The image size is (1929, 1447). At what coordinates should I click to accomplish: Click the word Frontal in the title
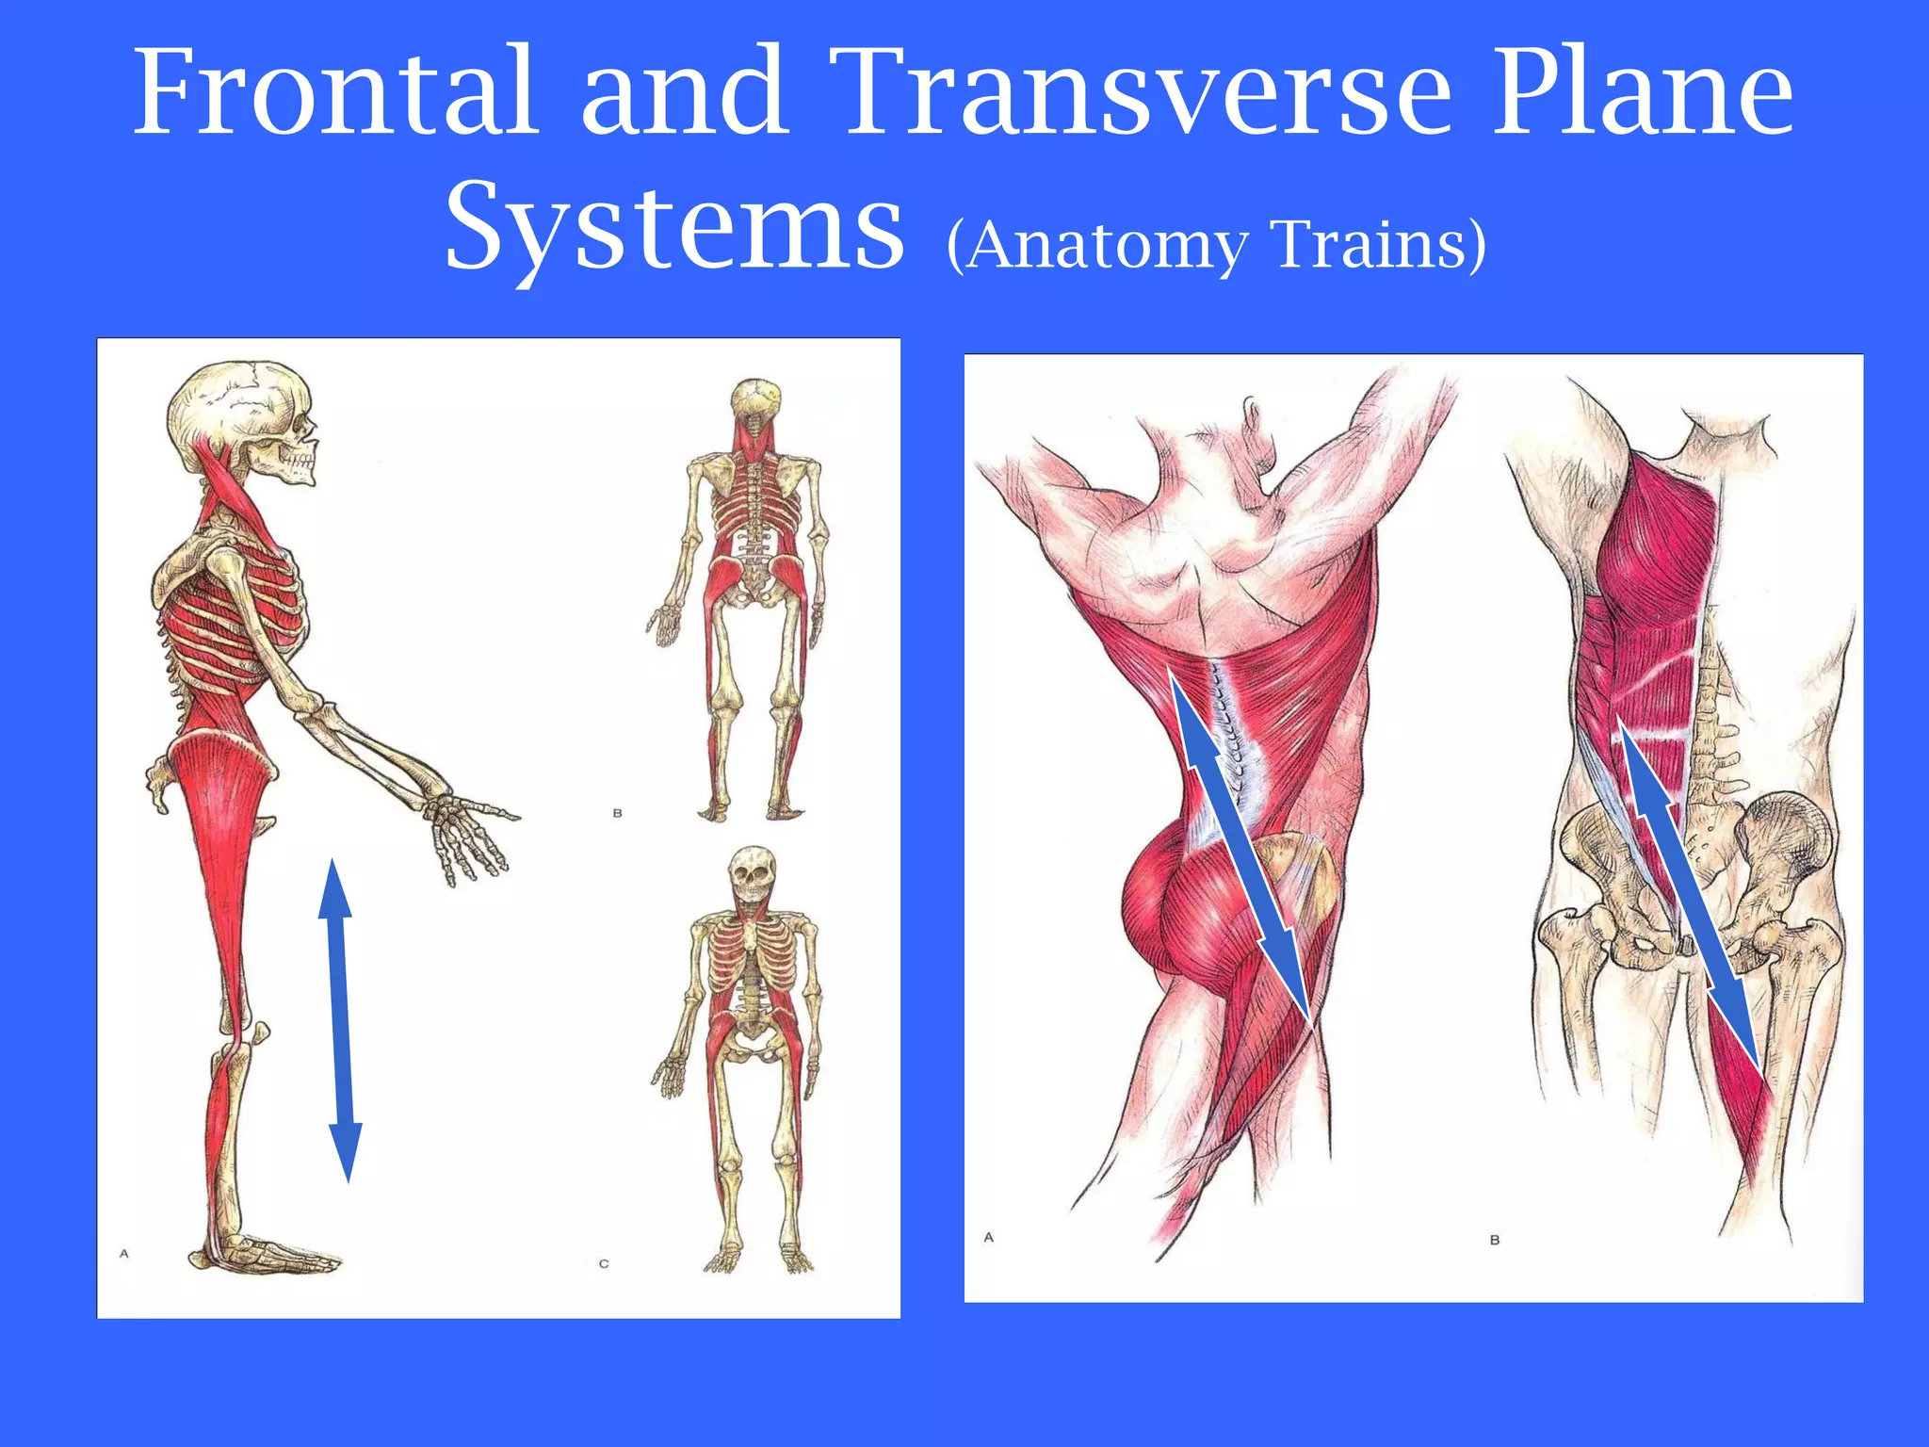[334, 91]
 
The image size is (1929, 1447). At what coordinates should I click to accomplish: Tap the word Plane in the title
[1644, 91]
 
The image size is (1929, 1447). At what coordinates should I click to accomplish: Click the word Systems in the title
[673, 226]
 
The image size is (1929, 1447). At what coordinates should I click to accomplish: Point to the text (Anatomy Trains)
[1215, 245]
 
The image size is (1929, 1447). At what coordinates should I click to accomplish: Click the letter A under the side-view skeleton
[124, 1253]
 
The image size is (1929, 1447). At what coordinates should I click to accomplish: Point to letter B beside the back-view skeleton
[618, 813]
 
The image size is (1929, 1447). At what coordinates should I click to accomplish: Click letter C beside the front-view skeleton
[604, 1264]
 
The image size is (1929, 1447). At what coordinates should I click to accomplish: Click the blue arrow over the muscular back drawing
[1241, 848]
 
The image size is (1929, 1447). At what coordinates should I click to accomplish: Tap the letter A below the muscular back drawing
[989, 1237]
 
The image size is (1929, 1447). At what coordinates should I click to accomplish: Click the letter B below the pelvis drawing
[1495, 1240]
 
